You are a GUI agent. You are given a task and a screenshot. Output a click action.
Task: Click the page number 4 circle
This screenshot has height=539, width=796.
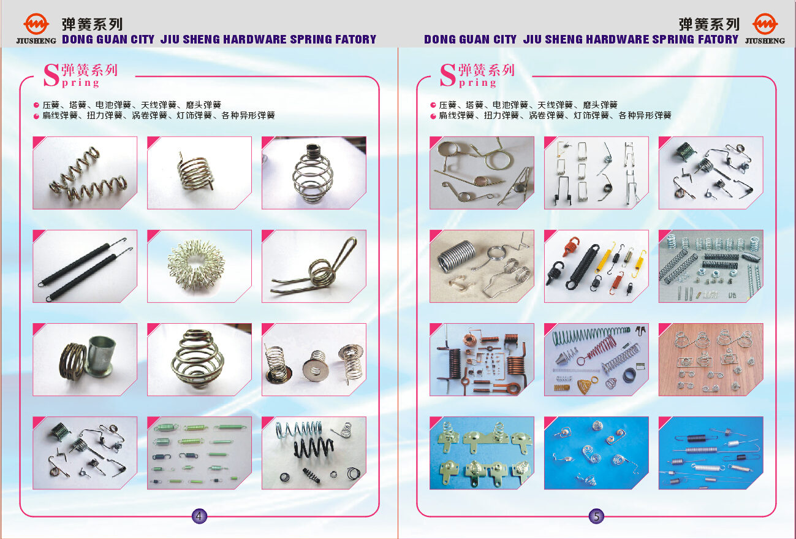(x=199, y=516)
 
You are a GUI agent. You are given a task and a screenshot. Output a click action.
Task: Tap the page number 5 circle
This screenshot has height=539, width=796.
(x=596, y=516)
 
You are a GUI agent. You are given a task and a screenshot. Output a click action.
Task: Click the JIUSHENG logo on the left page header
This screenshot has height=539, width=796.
(x=36, y=29)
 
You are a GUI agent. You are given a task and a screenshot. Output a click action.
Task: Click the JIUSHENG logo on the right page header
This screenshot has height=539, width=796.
(x=765, y=29)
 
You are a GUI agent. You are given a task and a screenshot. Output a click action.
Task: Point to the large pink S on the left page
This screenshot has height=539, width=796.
(x=51, y=75)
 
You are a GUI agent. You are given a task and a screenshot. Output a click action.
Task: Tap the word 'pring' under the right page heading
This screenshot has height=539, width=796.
(x=477, y=83)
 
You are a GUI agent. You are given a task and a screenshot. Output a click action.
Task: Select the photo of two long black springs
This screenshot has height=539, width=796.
(x=85, y=266)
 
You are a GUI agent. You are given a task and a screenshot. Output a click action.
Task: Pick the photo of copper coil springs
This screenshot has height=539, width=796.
(x=482, y=359)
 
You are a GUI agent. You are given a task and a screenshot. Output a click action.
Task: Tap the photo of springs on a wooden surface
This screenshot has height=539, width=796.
(x=711, y=359)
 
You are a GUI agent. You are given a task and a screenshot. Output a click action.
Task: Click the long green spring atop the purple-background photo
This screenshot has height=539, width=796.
(x=590, y=335)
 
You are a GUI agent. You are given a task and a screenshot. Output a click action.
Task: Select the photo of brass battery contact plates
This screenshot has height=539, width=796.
(x=482, y=453)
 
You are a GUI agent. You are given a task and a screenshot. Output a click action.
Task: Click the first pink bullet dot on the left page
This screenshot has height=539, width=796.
(x=36, y=105)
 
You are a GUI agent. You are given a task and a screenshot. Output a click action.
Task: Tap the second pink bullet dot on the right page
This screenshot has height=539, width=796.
(x=433, y=116)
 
